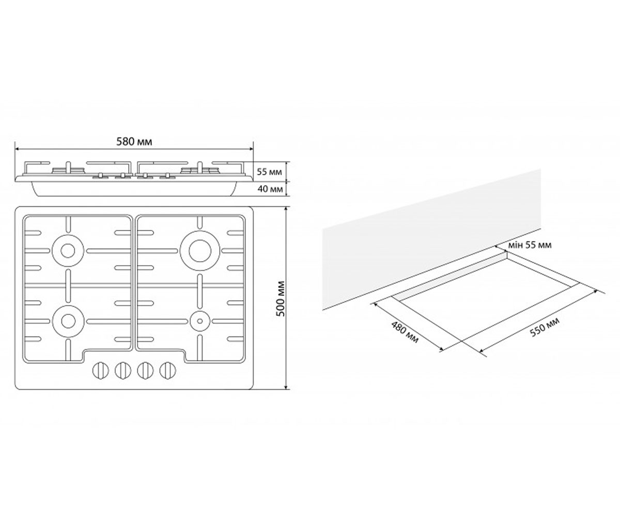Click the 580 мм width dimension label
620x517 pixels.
point(134,142)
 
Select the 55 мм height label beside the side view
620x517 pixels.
point(269,172)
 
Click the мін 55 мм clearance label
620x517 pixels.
point(530,245)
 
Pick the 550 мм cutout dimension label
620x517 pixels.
point(545,327)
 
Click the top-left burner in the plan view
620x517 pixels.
point(68,250)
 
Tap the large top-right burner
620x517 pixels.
point(200,250)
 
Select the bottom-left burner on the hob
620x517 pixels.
point(68,321)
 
